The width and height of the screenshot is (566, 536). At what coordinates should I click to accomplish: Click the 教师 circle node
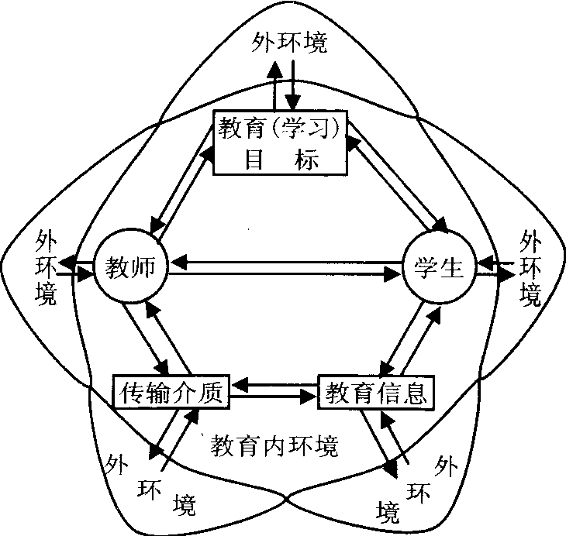click(129, 268)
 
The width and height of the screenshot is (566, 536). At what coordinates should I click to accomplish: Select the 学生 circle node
click(434, 267)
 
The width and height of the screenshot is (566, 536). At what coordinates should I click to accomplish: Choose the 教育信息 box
click(375, 393)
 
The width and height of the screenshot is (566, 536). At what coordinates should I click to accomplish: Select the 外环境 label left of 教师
click(47, 268)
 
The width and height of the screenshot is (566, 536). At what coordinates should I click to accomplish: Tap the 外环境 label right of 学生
click(530, 267)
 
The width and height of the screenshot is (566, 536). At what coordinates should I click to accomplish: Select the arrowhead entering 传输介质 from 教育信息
click(240, 384)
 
